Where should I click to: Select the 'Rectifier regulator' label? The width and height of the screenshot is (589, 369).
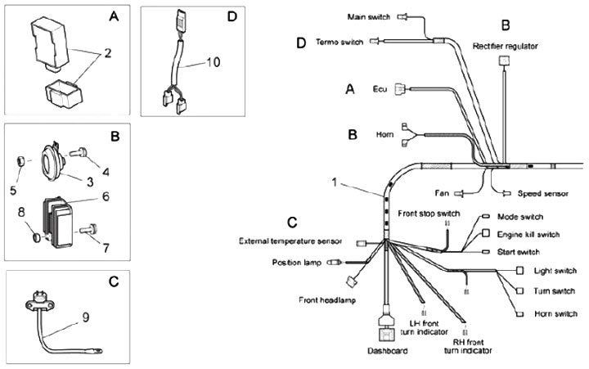click(505, 47)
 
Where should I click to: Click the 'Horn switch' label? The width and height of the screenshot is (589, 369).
click(556, 313)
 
